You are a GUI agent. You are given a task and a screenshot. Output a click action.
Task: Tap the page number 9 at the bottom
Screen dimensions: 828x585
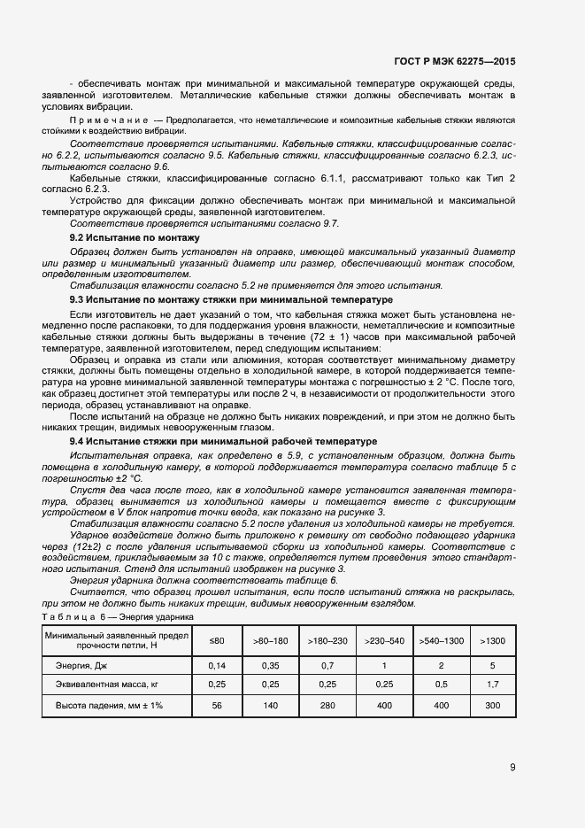512,767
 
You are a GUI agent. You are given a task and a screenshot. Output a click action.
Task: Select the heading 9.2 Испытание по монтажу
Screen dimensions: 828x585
135,238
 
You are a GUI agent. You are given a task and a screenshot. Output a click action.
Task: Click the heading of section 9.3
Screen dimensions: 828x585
219,299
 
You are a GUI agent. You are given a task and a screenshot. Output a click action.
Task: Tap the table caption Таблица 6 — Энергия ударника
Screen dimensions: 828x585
118,615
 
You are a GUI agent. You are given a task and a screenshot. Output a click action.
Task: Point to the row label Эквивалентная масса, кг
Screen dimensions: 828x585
107,685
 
